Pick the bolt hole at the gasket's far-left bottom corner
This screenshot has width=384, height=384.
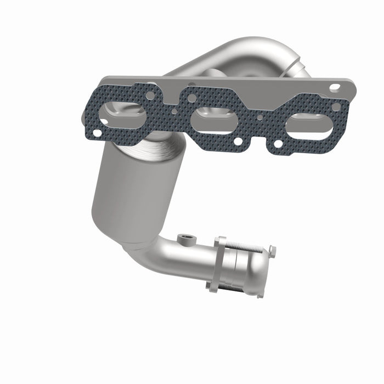(x=97, y=132)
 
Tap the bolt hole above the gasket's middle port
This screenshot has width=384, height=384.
(x=191, y=99)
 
